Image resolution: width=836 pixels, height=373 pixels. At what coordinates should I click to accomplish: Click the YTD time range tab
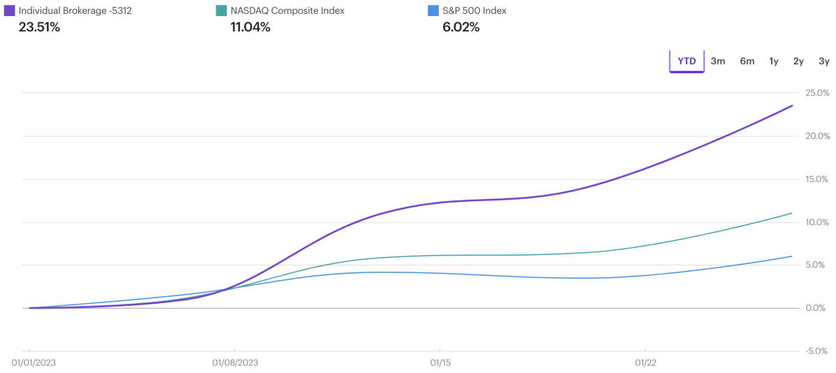click(687, 61)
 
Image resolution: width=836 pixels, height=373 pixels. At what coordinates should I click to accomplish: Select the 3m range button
click(718, 61)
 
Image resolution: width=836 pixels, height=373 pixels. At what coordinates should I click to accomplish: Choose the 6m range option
click(747, 61)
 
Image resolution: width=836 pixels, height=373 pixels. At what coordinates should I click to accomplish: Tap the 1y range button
click(774, 61)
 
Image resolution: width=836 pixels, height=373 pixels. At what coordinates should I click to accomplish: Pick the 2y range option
click(798, 61)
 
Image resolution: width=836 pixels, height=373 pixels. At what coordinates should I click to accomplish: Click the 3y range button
click(823, 61)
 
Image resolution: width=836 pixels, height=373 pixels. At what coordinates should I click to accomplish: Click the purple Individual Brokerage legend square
click(10, 11)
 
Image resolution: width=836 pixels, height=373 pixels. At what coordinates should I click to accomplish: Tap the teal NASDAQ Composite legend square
click(221, 11)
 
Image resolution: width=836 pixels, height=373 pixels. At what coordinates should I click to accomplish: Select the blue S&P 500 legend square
click(433, 11)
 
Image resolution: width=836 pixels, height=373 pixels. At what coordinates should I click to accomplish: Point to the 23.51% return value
click(39, 28)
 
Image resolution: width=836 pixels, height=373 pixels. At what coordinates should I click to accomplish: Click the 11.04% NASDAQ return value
click(250, 28)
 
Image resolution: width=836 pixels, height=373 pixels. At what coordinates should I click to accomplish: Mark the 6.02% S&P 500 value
click(461, 28)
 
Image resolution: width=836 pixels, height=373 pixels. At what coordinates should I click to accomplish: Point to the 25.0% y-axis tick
click(817, 93)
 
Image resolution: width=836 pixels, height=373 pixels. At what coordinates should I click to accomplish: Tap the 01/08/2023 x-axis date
click(235, 363)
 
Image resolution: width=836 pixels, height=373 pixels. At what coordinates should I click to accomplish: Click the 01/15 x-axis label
click(440, 363)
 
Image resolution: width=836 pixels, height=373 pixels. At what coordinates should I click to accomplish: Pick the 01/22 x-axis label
click(645, 363)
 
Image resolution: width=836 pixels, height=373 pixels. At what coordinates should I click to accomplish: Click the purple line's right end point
click(792, 105)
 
